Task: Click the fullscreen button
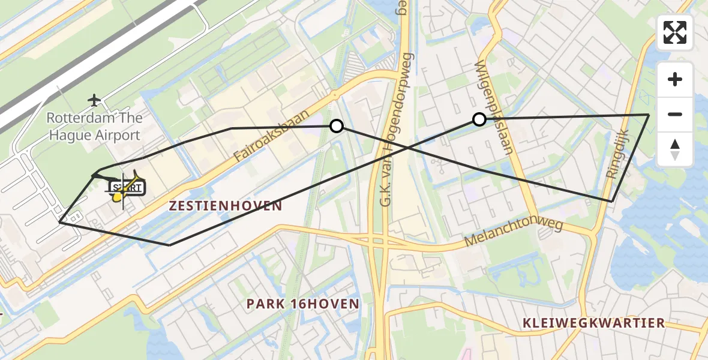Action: point(675,32)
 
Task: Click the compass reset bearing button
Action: point(675,149)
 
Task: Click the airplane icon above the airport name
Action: point(94,100)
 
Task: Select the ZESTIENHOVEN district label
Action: point(225,206)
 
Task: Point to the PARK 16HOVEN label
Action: point(302,304)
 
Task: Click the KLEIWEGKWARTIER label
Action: point(593,323)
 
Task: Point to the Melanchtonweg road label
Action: point(514,233)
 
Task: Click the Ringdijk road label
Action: point(620,154)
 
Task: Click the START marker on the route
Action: point(127,188)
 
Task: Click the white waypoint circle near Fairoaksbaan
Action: point(337,126)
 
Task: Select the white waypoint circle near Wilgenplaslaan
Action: point(479,119)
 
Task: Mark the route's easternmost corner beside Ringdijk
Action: point(649,114)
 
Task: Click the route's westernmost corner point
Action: point(59,222)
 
